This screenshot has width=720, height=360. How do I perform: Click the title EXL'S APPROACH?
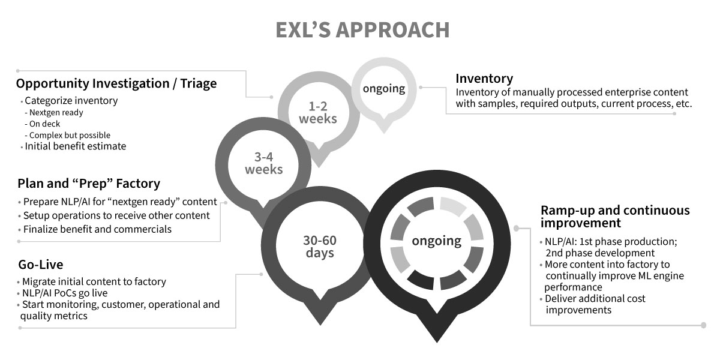[362, 30]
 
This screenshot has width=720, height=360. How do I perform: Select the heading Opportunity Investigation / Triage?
[116, 84]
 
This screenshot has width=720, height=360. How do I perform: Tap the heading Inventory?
[484, 79]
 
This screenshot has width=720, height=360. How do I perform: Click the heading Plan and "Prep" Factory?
[88, 184]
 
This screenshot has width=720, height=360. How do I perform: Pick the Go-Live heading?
[40, 265]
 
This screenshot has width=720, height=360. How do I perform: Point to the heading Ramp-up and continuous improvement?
[614, 217]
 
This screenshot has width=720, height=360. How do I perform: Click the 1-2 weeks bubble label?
[319, 112]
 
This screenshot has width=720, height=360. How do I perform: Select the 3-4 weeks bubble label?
[263, 163]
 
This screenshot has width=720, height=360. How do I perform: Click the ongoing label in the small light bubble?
[383, 89]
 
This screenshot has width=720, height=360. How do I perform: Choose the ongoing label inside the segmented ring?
[436, 241]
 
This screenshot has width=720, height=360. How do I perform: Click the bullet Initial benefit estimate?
[75, 146]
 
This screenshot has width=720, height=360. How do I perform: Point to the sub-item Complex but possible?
[70, 135]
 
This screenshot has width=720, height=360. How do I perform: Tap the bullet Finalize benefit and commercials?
[97, 229]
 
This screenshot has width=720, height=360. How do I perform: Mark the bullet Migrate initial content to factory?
[94, 281]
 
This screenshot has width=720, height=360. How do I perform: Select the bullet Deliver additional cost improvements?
[594, 304]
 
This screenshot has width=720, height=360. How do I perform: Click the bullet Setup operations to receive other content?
[116, 215]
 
